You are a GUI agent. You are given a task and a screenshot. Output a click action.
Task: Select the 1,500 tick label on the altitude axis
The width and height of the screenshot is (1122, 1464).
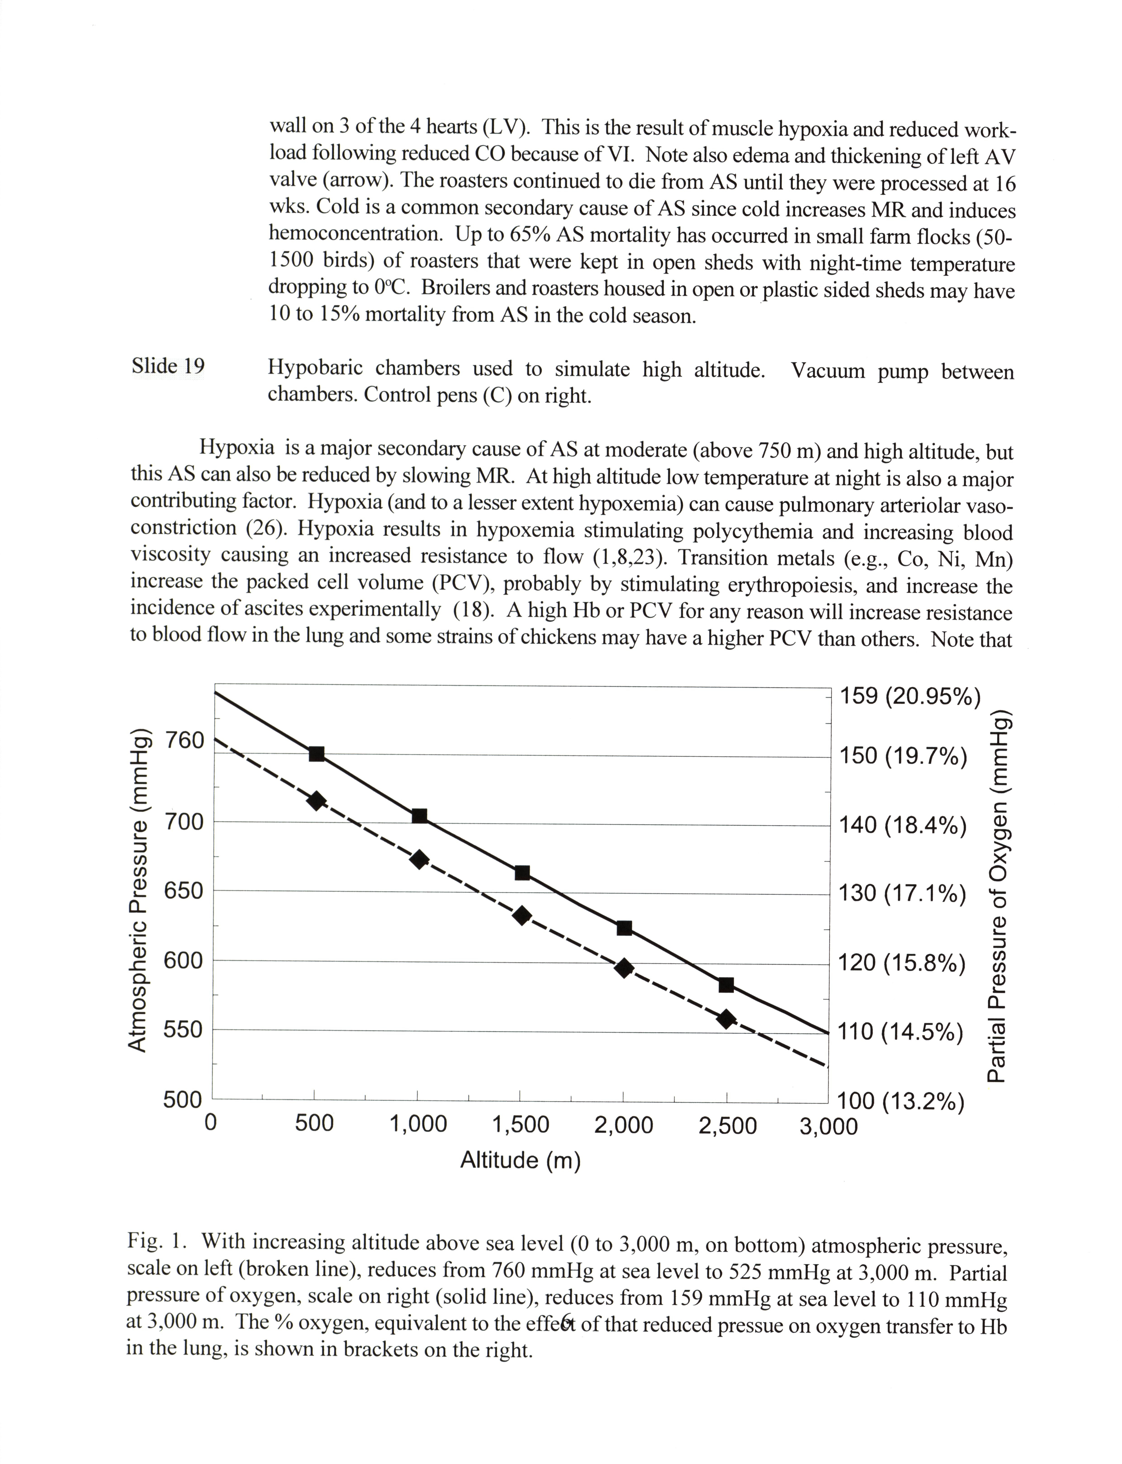pyautogui.click(x=520, y=1125)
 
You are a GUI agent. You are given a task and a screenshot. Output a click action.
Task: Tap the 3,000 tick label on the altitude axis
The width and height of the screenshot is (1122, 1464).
pyautogui.click(x=828, y=1126)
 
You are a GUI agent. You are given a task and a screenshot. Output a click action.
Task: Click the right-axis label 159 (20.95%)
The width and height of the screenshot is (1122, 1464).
pyautogui.click(x=910, y=696)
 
